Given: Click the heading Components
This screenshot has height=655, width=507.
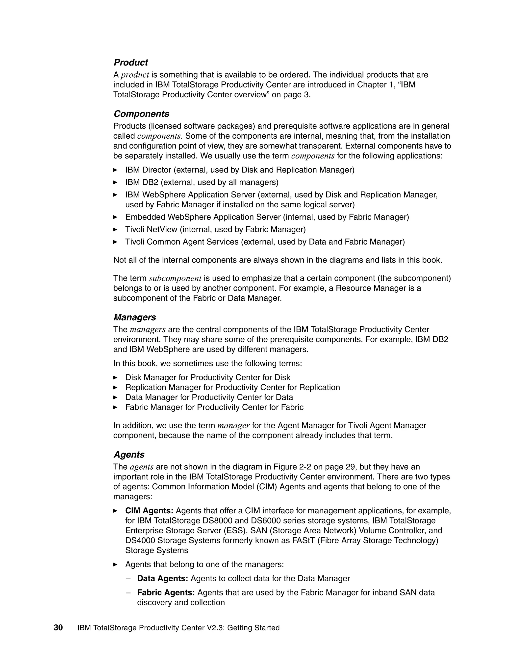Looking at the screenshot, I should tap(141, 114).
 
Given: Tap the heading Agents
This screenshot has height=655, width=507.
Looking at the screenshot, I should tap(129, 454).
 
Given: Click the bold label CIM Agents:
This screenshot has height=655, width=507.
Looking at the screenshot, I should tap(149, 510).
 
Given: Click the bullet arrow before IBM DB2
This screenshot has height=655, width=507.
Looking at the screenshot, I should tap(115, 182).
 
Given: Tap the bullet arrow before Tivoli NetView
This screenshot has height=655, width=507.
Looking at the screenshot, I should tap(115, 229).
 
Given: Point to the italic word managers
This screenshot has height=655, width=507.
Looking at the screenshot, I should tap(148, 329).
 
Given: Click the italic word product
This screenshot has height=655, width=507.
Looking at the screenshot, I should tap(135, 75).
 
